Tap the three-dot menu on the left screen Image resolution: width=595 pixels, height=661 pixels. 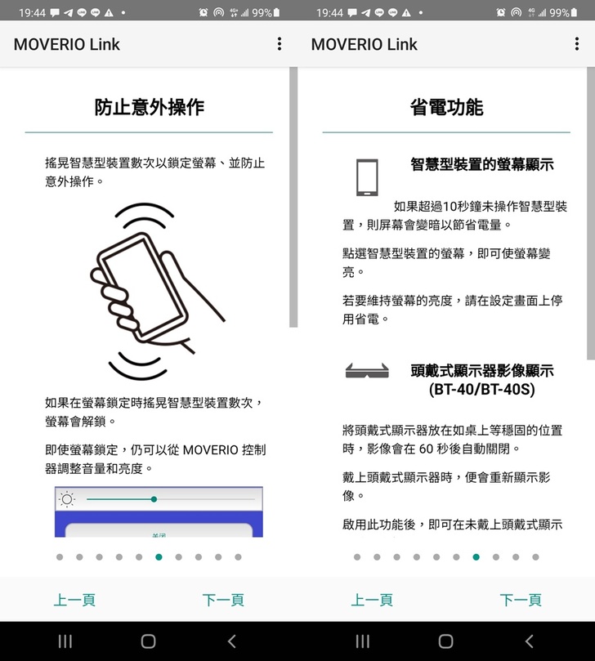(280, 44)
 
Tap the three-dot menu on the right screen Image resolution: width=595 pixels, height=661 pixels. (576, 44)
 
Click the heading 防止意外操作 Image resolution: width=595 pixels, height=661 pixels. (149, 107)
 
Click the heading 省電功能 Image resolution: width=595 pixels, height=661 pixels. (446, 107)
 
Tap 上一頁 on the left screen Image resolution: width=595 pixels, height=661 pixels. (74, 600)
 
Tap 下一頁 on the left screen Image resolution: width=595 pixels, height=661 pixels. (223, 600)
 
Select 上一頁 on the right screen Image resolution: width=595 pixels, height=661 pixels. (372, 600)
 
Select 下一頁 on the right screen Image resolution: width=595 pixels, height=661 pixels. (521, 600)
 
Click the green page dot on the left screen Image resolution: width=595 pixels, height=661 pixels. (159, 557)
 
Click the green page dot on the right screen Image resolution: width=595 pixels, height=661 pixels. (476, 557)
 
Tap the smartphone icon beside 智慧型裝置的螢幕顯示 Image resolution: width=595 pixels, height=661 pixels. (367, 177)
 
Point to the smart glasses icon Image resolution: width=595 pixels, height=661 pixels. (367, 371)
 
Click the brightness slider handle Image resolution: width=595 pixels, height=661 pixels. (154, 499)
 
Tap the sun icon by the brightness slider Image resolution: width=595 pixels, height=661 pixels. (67, 499)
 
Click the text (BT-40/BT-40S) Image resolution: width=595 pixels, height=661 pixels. (482, 389)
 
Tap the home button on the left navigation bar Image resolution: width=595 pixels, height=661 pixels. (148, 641)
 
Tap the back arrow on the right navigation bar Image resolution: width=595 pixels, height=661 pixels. (530, 641)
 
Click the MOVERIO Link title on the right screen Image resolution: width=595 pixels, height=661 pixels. (364, 44)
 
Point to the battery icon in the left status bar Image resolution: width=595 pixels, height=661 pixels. (276, 12)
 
